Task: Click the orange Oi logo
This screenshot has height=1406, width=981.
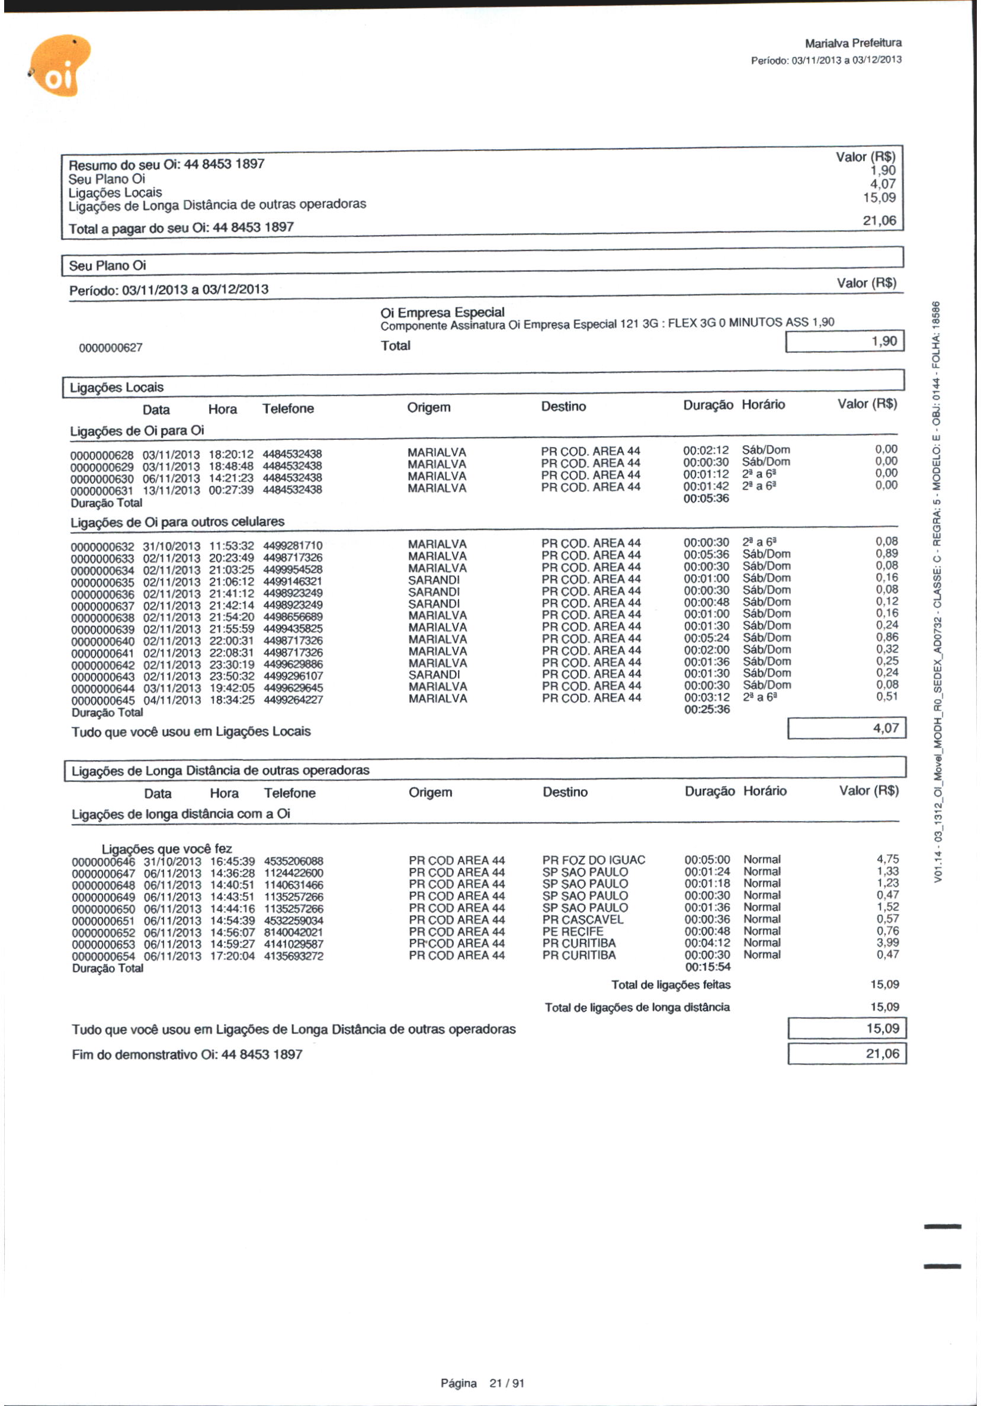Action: click(60, 66)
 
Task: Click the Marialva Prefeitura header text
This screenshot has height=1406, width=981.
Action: click(852, 43)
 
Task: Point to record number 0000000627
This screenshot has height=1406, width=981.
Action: click(110, 348)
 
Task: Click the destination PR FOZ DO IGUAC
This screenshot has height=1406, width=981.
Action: click(593, 860)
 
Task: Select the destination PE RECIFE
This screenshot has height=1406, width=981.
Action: click(572, 931)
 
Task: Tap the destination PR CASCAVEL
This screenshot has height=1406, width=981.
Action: click(582, 919)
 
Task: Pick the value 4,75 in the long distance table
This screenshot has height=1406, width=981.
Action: click(887, 859)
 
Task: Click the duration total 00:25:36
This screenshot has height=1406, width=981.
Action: click(707, 709)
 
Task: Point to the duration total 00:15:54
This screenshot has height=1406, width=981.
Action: click(707, 967)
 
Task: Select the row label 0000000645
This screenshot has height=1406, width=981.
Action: click(103, 700)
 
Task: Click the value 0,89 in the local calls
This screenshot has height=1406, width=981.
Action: click(886, 554)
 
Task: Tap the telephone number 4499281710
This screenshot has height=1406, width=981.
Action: click(292, 546)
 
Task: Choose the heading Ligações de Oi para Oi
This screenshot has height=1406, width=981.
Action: click(137, 430)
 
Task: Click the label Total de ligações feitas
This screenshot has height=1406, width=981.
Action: click(671, 984)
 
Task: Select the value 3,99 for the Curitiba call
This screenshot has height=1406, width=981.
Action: click(887, 942)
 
